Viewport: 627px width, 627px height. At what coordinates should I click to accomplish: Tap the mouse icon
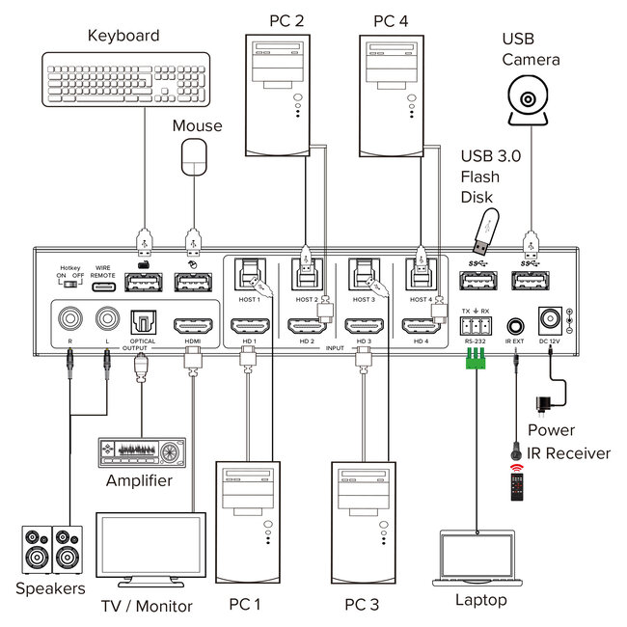click(197, 156)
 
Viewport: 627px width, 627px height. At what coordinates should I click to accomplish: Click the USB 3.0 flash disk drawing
click(483, 228)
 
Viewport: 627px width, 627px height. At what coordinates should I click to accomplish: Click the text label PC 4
click(394, 20)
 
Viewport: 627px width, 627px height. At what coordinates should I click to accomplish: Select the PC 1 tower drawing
click(247, 522)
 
